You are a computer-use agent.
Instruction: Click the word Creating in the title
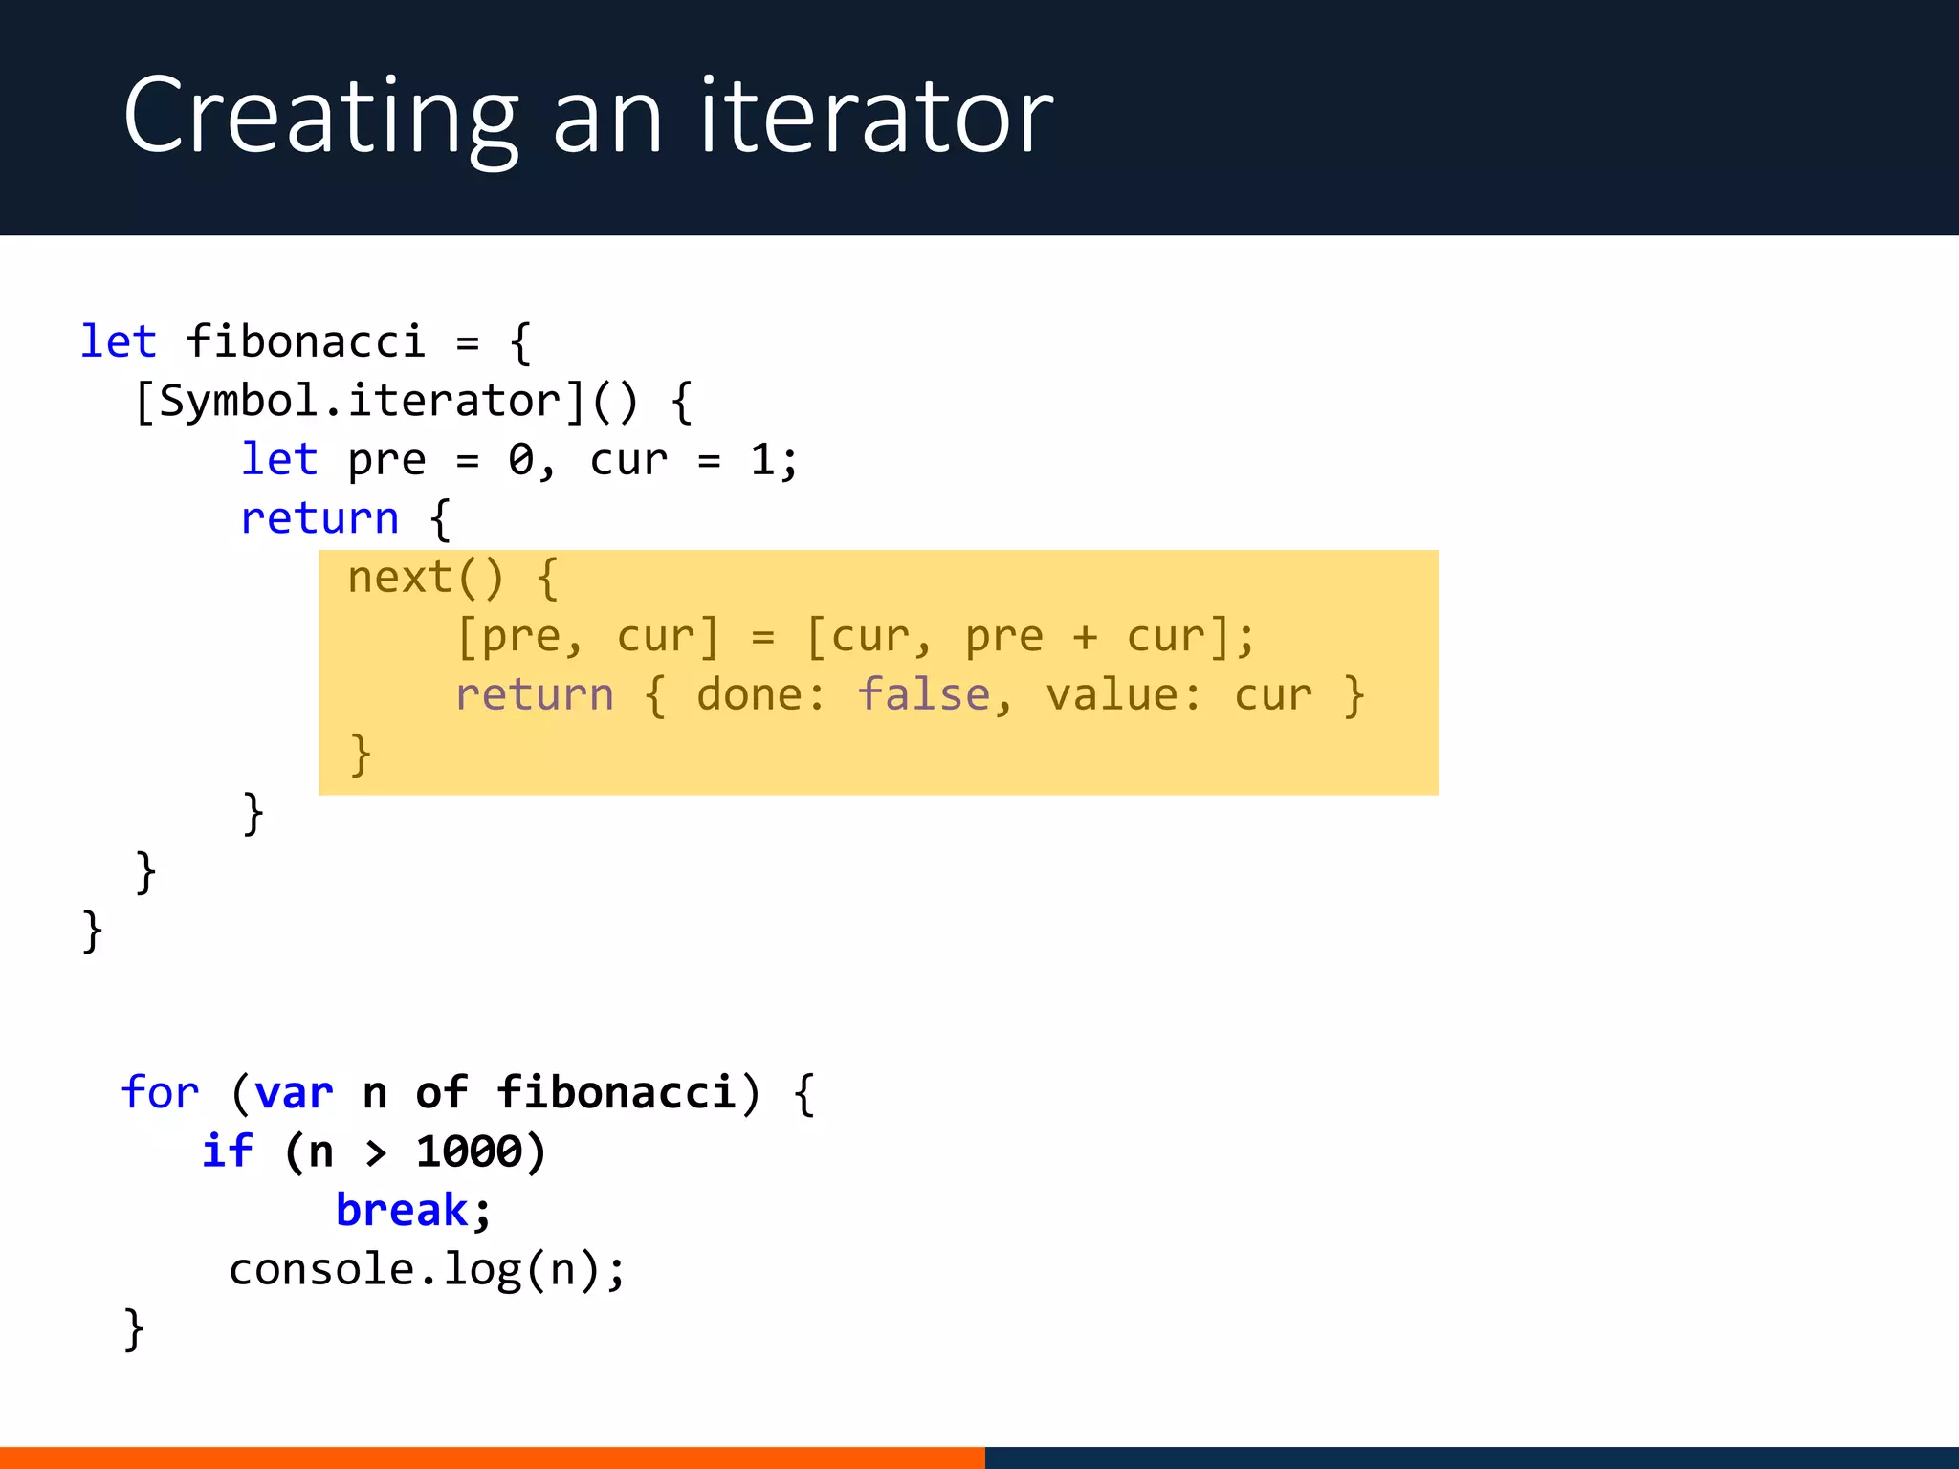(320, 117)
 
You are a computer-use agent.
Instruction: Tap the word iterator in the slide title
(876, 117)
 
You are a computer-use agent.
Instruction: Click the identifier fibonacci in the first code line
(305, 341)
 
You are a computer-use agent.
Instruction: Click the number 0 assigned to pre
(521, 460)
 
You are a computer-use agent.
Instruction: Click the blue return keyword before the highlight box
(319, 518)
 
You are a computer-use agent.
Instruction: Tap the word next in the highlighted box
(400, 578)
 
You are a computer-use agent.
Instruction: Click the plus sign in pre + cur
(1085, 637)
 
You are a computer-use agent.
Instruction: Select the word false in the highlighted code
(923, 695)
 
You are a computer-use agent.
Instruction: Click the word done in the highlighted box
(751, 695)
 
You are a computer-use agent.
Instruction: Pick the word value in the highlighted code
(1112, 695)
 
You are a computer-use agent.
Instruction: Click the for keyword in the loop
(160, 1092)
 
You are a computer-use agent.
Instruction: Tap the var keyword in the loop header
(294, 1092)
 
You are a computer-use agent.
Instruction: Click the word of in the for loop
(441, 1092)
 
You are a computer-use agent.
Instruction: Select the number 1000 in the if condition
(469, 1151)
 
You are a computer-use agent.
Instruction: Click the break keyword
(402, 1211)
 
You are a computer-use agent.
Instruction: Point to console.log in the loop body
(374, 1270)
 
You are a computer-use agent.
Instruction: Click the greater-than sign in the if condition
(376, 1153)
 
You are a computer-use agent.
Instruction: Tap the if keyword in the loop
(227, 1151)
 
